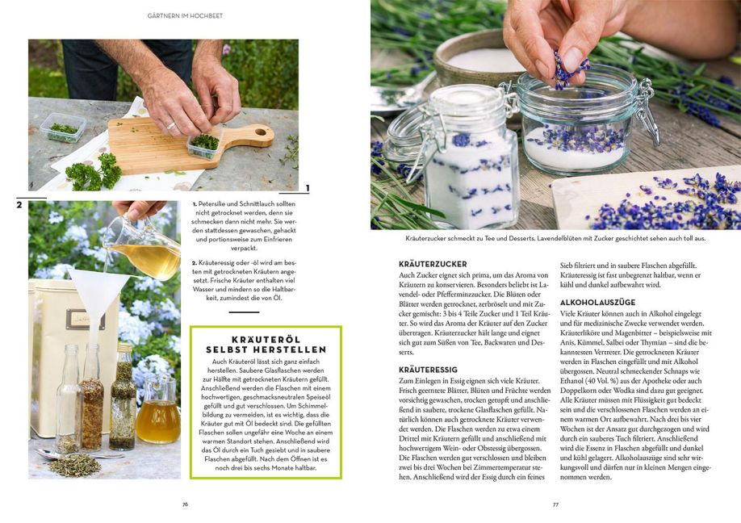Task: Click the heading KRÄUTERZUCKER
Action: pyautogui.click(x=433, y=264)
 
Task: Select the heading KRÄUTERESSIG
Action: pyautogui.click(x=428, y=370)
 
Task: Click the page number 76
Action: pyautogui.click(x=186, y=504)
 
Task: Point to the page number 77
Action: pyautogui.click(x=555, y=504)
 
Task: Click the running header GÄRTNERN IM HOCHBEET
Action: pyautogui.click(x=186, y=15)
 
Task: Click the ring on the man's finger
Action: pyautogui.click(x=171, y=126)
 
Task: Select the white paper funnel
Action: pyautogui.click(x=98, y=294)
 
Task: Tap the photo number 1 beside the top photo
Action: pyautogui.click(x=308, y=189)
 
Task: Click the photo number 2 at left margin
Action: pyautogui.click(x=19, y=205)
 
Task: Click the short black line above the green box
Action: pyautogui.click(x=244, y=312)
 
